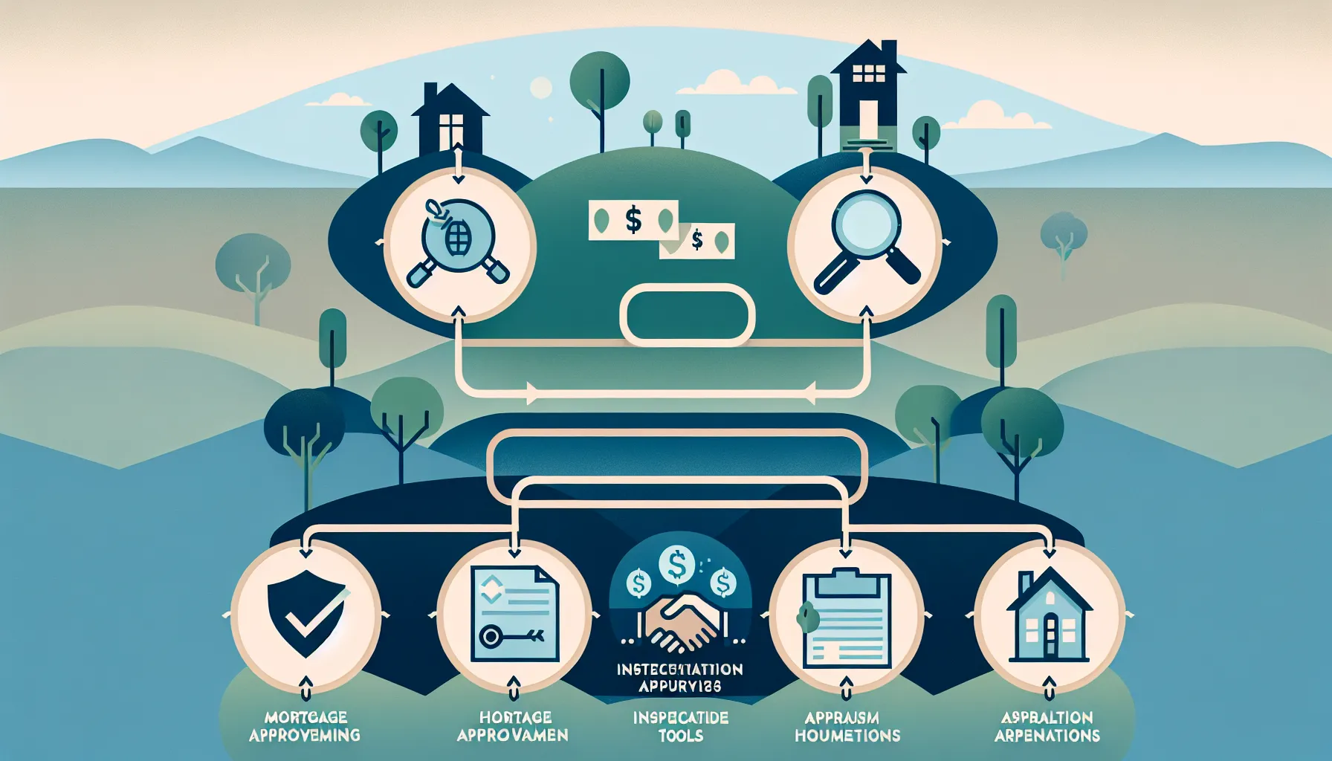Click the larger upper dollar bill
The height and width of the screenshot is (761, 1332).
coord(633,220)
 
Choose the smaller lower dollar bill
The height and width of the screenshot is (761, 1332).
coord(697,241)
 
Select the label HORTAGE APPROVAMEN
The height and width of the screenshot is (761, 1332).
coord(512,726)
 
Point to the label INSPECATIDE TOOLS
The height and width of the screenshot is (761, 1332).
coord(681,726)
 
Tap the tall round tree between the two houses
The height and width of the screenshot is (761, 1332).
coord(599,78)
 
